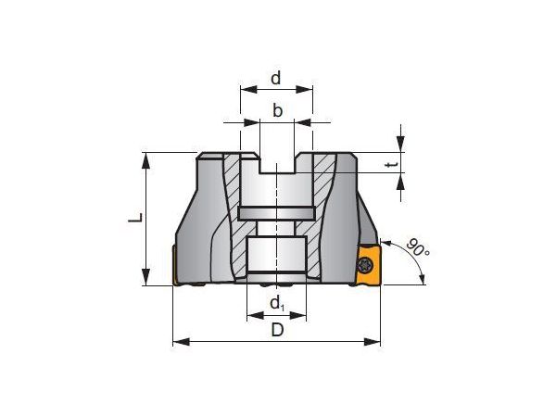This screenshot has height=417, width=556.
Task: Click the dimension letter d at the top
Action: pyautogui.click(x=276, y=78)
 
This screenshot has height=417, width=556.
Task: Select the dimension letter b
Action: pyautogui.click(x=277, y=110)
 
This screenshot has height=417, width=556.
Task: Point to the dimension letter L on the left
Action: pyautogui.click(x=135, y=218)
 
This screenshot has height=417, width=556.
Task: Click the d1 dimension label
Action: pyautogui.click(x=277, y=304)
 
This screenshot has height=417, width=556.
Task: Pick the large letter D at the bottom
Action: pyautogui.click(x=277, y=330)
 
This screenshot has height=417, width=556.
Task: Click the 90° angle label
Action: pyautogui.click(x=418, y=247)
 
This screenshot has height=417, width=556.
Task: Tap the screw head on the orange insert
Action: pyautogui.click(x=365, y=264)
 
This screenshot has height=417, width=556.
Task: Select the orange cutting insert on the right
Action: pyautogui.click(x=369, y=264)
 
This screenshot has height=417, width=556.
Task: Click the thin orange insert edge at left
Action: pyautogui.click(x=174, y=265)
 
